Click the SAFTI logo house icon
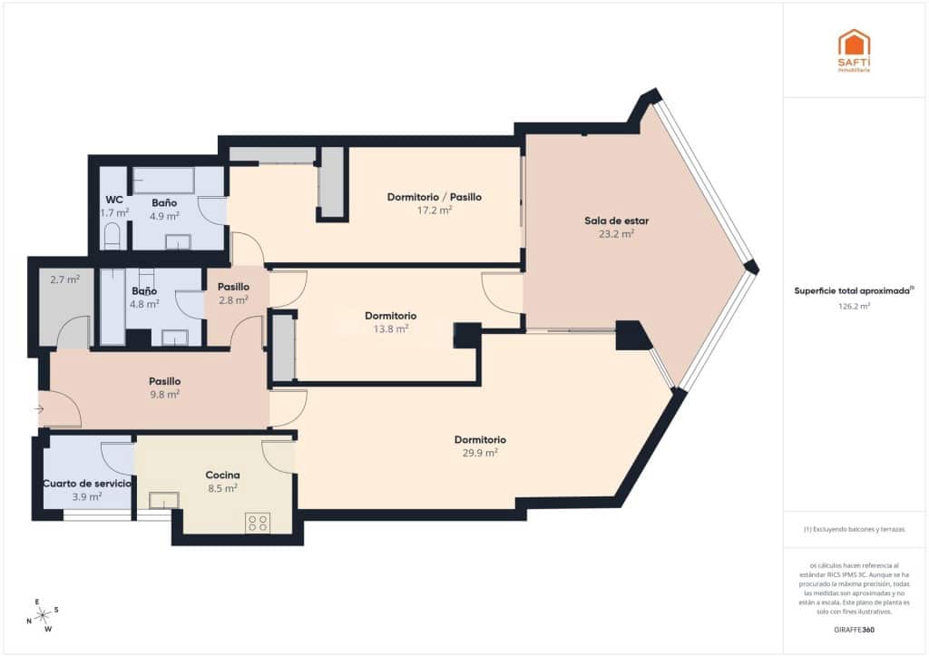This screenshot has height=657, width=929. pos(853,44)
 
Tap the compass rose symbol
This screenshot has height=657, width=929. pos(43,614)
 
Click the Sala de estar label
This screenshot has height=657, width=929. pos(616,221)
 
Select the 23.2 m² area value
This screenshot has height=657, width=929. pos(616,233)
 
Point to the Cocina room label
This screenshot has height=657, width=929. pos(222,475)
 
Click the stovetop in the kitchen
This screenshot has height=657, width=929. pos(257,522)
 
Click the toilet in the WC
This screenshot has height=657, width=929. pos(112,239)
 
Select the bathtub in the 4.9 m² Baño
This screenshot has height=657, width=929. pos(163,180)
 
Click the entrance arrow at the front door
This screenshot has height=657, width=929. pos(38,410)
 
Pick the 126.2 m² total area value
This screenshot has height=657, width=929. pos(854,307)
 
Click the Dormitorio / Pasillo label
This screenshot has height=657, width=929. pos(434,197)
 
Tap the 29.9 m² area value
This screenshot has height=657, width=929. pos(480,452)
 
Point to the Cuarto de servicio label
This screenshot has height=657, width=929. pos(87,484)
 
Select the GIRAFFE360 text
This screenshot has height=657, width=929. pos(854,629)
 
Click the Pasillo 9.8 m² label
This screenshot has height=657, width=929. pos(164,387)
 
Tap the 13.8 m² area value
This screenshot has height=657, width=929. pos(391,328)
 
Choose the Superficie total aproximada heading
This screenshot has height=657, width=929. pos(853,291)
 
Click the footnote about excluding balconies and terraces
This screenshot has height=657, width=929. pos(854,529)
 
